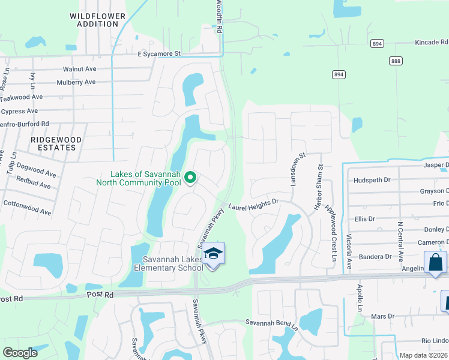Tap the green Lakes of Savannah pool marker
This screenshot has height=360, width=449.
tap(190, 177)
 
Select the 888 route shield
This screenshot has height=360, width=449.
tap(396, 61)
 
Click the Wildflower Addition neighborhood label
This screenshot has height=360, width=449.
tap(97, 20)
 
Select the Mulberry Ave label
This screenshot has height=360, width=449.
tap(76, 83)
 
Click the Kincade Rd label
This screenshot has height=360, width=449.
tap(432, 43)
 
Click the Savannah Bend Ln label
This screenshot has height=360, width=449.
tap(271, 323)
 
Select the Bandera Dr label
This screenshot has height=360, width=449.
tap(376, 257)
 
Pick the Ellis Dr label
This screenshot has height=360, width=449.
tap(364, 219)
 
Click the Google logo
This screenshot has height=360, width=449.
tap(20, 353)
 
